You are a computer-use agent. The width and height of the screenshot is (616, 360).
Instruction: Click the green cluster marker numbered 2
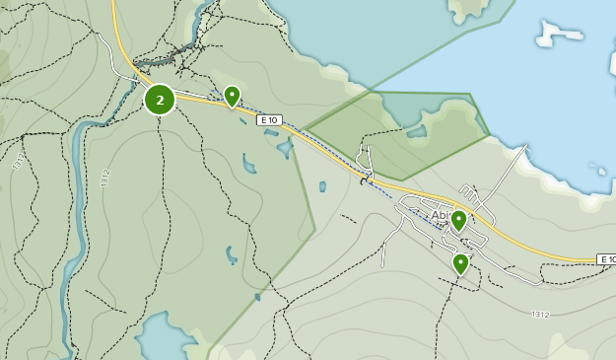coord(160,100)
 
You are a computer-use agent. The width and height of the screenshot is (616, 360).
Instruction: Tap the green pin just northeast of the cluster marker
coord(232,96)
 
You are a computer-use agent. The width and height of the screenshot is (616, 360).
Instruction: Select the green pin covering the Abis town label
coord(458,220)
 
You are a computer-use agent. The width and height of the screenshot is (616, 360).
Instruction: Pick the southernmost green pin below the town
coord(460,263)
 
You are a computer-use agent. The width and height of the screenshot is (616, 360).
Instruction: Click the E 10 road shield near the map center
coord(269,120)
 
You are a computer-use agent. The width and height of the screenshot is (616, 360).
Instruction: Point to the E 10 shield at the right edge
coord(606,259)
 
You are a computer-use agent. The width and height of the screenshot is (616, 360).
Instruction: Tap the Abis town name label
coord(440,216)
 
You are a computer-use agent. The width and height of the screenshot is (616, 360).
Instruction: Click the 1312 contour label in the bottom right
coord(540,315)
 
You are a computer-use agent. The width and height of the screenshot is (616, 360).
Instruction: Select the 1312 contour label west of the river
coord(20,163)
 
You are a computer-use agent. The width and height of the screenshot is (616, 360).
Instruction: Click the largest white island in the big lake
coord(558,34)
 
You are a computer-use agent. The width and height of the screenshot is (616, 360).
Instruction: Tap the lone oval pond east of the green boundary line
coord(322,186)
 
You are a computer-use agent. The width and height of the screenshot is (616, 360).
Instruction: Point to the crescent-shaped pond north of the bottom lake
coord(231,254)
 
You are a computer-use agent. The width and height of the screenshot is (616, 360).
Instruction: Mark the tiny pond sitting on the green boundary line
coord(257,296)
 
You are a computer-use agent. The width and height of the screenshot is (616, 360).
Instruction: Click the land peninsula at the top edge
coord(468,10)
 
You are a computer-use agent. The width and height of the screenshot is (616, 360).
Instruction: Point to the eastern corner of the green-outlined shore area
coord(490,133)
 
